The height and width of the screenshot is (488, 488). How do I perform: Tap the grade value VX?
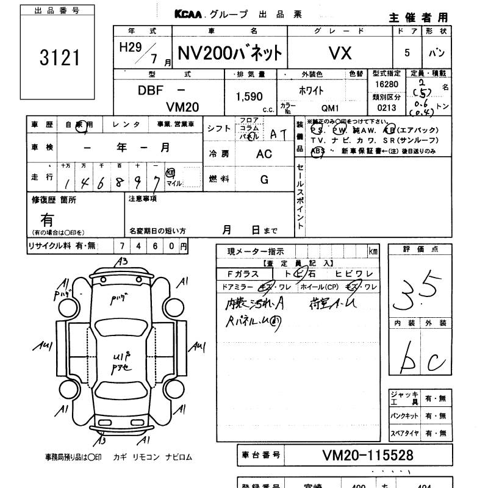tap(340, 54)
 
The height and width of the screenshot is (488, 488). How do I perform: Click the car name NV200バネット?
tap(230, 54)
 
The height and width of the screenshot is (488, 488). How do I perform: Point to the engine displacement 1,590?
tap(249, 96)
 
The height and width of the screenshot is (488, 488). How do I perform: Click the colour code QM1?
tap(330, 108)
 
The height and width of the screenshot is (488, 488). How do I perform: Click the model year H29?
tap(129, 48)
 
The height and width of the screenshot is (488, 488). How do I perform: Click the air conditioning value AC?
tap(264, 154)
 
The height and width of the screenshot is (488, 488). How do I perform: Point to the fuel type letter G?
tap(264, 179)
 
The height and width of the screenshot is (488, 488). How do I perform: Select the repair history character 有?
tap(47, 219)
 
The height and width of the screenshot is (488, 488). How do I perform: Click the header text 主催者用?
tap(418, 17)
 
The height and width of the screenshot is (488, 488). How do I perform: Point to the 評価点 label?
tap(420, 249)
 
